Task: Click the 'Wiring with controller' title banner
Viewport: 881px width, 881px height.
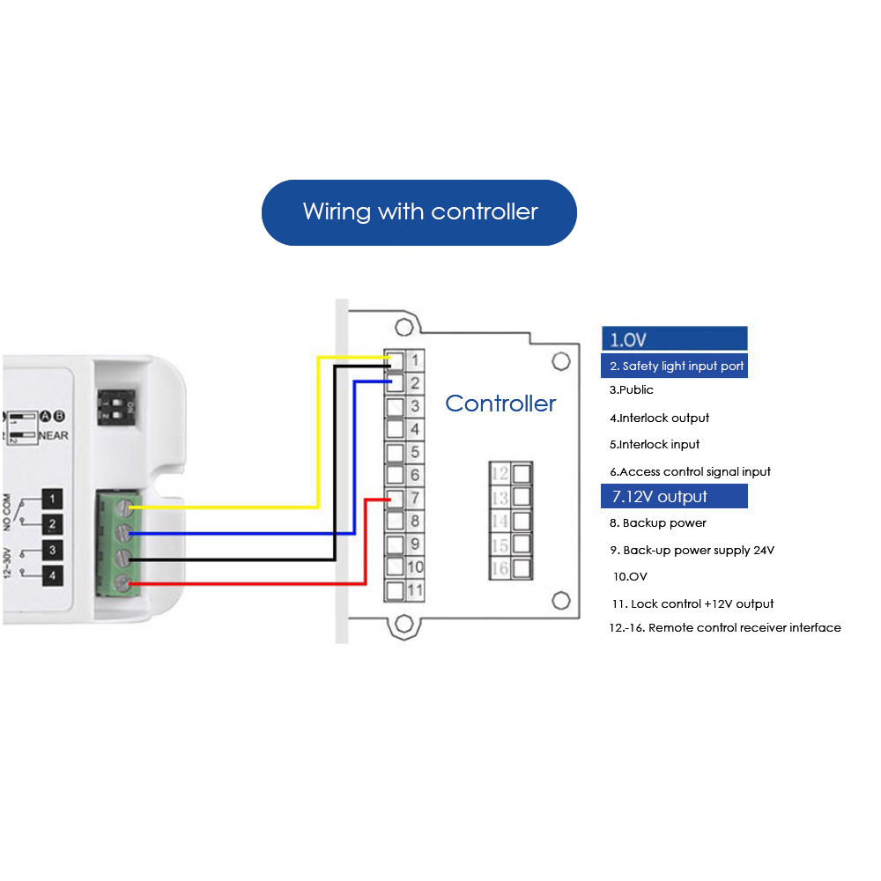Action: pyautogui.click(x=419, y=212)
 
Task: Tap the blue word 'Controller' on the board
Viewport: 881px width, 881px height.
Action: pyautogui.click(x=500, y=403)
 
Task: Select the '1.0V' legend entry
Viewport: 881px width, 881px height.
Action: pyautogui.click(x=674, y=339)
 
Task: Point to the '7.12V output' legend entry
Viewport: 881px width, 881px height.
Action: pyautogui.click(x=674, y=497)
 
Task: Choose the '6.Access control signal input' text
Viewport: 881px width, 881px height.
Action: pyautogui.click(x=690, y=471)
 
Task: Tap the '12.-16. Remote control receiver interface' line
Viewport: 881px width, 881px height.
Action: pyautogui.click(x=724, y=627)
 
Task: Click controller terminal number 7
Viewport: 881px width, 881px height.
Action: pyautogui.click(x=414, y=499)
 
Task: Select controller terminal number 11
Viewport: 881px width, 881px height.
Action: pyautogui.click(x=416, y=590)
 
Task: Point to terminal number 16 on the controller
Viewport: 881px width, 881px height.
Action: pyautogui.click(x=500, y=568)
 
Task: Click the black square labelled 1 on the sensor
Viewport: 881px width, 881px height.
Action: pyautogui.click(x=54, y=500)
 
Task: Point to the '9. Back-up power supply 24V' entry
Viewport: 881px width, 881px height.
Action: pyautogui.click(x=692, y=550)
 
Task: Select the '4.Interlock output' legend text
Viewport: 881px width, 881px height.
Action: pyautogui.click(x=659, y=418)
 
